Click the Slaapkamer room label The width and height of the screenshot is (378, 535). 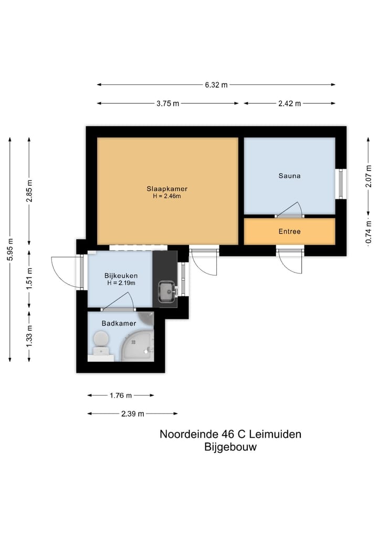[x=167, y=188]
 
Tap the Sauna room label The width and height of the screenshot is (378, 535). [x=289, y=176]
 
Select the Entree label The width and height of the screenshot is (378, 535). [x=289, y=231]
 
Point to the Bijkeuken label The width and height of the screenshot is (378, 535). [x=121, y=275]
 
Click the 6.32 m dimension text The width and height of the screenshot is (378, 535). [x=216, y=85]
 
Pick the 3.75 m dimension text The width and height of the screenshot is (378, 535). [x=167, y=103]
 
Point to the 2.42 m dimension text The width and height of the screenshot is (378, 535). [x=289, y=103]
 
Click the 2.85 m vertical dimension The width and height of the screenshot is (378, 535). [x=29, y=191]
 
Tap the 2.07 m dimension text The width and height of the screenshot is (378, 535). [x=369, y=176]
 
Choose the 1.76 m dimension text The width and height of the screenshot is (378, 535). [x=121, y=395]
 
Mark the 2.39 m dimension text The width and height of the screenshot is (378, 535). [x=132, y=413]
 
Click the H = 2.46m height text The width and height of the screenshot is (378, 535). [x=167, y=196]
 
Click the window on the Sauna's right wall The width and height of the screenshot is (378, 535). [x=341, y=184]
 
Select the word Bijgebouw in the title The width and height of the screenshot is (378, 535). [x=230, y=447]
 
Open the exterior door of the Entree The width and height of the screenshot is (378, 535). [x=290, y=260]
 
